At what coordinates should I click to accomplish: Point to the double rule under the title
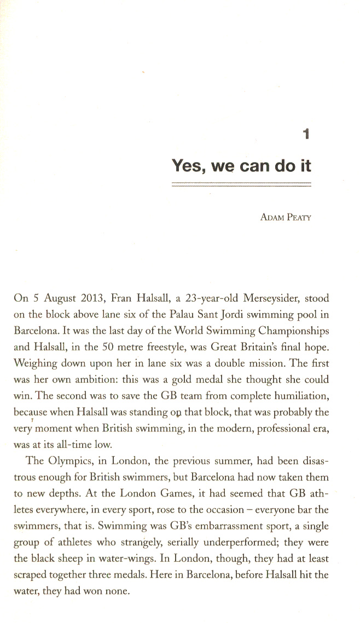click(x=241, y=186)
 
